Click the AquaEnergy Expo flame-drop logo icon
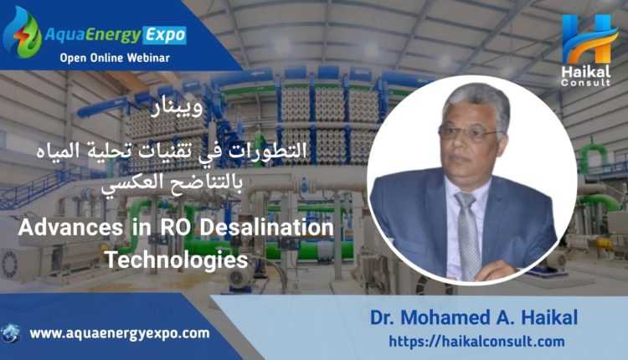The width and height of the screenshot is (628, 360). [23, 33]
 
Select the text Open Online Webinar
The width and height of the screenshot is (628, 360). [115, 58]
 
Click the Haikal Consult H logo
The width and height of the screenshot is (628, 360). [588, 39]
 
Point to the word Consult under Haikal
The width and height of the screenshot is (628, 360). [585, 83]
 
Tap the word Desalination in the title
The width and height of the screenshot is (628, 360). [266, 228]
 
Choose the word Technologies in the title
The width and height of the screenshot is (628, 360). [176, 260]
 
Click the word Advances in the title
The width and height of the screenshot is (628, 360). [70, 228]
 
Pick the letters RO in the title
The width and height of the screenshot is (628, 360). [174, 228]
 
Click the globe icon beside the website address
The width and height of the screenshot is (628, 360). [11, 334]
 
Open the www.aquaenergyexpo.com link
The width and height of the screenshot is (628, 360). [120, 334]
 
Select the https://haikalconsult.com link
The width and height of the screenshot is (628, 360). [476, 342]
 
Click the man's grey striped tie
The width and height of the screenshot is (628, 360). [468, 235]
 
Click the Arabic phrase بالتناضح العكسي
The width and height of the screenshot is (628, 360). [172, 183]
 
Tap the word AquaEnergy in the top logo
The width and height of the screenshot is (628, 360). [92, 35]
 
